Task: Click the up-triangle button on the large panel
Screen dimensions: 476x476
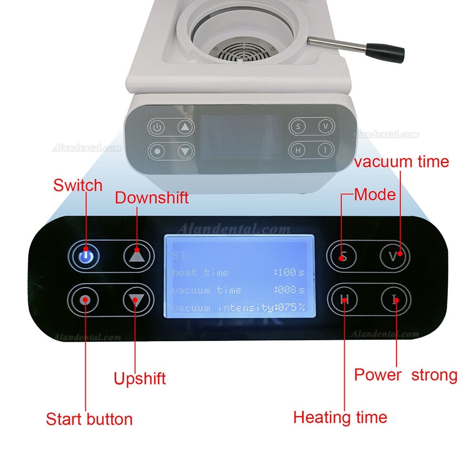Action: click(x=136, y=256)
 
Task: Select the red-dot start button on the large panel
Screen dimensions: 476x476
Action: click(x=85, y=300)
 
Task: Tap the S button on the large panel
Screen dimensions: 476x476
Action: click(x=342, y=257)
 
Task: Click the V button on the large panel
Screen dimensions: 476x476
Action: click(x=395, y=256)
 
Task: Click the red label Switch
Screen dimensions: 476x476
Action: click(x=78, y=185)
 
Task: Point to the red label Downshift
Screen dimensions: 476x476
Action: click(x=152, y=198)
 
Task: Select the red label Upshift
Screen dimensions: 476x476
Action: click(x=139, y=379)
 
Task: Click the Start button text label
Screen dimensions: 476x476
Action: click(x=89, y=419)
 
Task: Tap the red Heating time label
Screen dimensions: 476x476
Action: click(x=340, y=417)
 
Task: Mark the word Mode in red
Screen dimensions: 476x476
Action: click(x=375, y=194)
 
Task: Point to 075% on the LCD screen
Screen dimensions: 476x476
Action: click(x=290, y=307)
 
